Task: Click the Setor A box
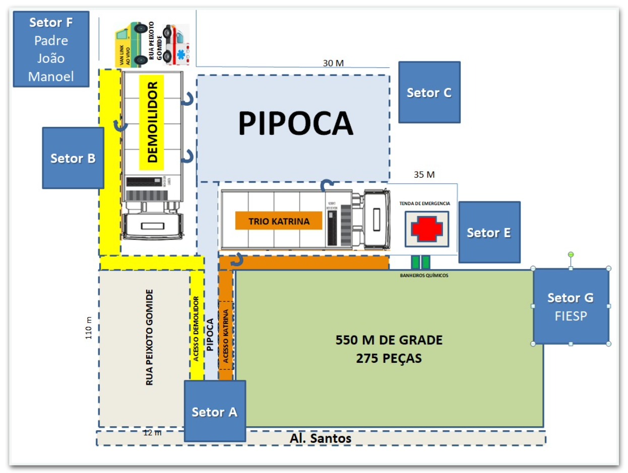(215, 411)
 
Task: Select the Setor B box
(73, 158)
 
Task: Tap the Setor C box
(429, 92)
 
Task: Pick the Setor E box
(489, 232)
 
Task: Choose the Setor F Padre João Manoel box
(51, 49)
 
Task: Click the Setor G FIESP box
(571, 306)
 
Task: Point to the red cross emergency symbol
(427, 229)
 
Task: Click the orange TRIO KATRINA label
(278, 220)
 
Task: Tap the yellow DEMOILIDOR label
(152, 122)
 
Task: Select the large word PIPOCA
(295, 123)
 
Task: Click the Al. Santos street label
(321, 438)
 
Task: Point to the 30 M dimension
(333, 63)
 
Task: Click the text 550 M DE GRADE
(389, 340)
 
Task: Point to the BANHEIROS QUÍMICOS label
(421, 275)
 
